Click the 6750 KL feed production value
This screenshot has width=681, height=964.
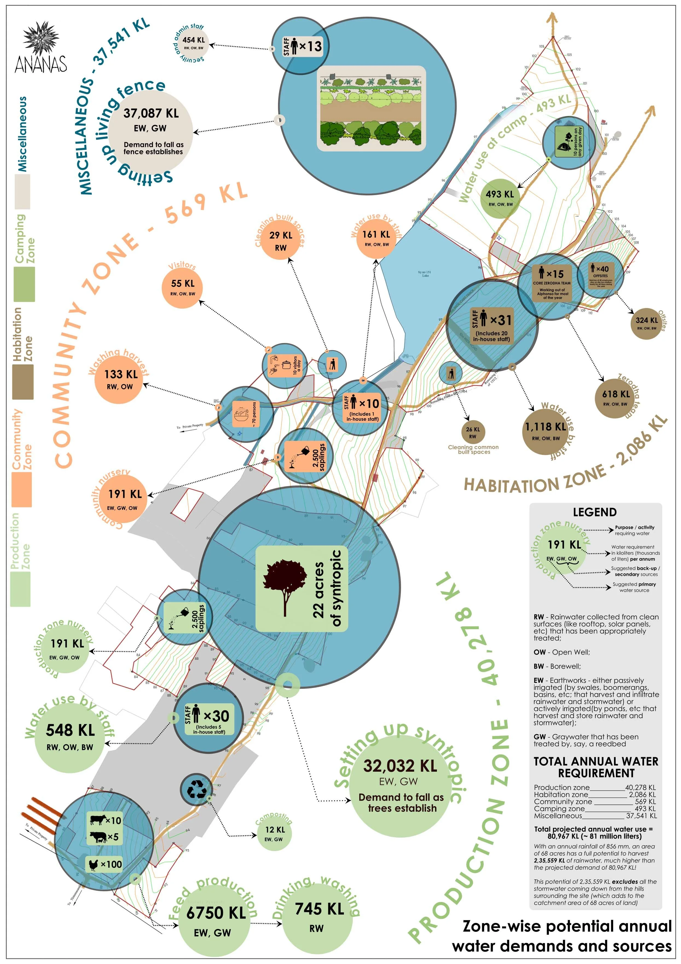[x=216, y=912]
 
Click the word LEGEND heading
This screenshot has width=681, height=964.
[x=595, y=512]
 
